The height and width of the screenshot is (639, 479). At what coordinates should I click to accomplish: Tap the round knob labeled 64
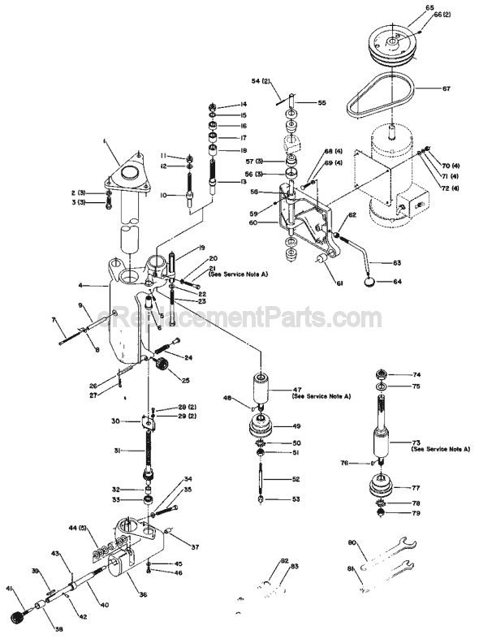point(371,283)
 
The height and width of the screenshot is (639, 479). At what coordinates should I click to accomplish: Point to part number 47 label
point(298,391)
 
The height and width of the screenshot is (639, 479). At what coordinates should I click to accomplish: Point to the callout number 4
point(82,286)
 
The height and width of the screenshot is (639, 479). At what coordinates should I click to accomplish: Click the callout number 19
point(201,247)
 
